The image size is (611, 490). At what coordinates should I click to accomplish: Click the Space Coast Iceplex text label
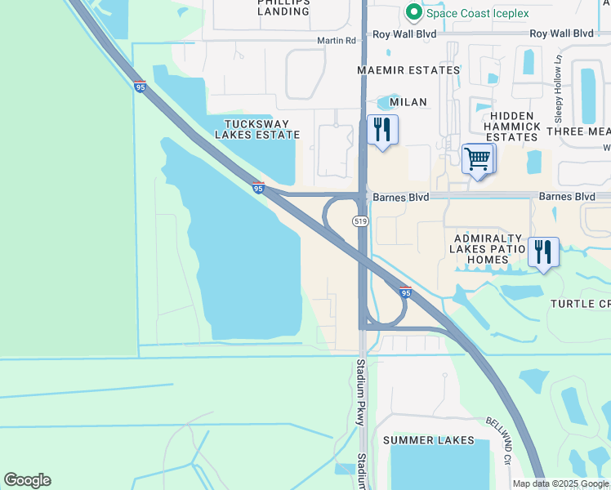click(477, 13)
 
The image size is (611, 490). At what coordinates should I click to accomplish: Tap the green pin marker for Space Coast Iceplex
click(414, 13)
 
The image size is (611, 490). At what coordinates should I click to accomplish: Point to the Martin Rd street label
click(338, 40)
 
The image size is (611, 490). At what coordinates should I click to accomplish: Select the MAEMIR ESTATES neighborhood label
click(409, 70)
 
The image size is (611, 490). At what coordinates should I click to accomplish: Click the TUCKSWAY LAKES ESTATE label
click(255, 128)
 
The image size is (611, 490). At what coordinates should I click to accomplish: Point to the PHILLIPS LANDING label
click(283, 6)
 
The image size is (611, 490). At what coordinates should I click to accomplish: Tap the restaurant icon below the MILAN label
click(381, 130)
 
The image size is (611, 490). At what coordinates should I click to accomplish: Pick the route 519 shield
click(359, 221)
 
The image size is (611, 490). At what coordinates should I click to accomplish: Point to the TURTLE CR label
click(579, 304)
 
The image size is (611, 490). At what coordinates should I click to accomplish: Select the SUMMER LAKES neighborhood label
click(429, 440)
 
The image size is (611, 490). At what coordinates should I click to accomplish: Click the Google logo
click(27, 480)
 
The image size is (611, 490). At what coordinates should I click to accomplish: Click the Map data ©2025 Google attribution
click(560, 483)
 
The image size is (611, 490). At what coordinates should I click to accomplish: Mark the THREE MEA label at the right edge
click(578, 131)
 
